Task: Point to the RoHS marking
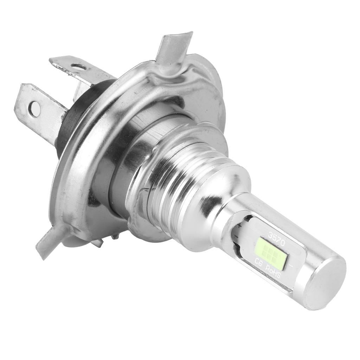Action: (x=273, y=272)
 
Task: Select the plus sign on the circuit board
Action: (x=240, y=226)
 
